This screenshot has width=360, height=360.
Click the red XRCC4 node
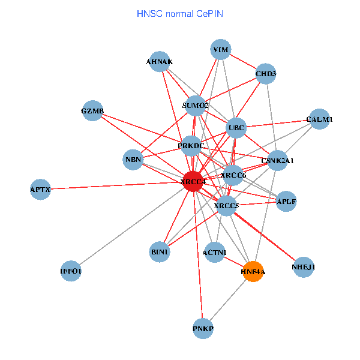click(x=193, y=181)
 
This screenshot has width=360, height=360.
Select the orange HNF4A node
click(x=253, y=271)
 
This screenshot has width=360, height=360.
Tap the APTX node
click(x=40, y=190)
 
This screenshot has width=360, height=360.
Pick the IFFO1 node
click(x=71, y=271)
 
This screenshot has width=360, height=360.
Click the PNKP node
click(x=203, y=329)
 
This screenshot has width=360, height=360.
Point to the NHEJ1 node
click(x=303, y=266)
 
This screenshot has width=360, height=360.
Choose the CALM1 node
click(x=319, y=119)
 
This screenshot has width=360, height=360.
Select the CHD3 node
click(x=266, y=74)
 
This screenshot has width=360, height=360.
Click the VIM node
click(x=221, y=50)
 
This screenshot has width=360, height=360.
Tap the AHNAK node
click(x=160, y=62)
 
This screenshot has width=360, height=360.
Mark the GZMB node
click(x=92, y=111)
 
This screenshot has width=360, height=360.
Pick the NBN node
click(x=133, y=160)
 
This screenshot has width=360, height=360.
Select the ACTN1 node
click(x=215, y=253)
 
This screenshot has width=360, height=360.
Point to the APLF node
click(x=286, y=202)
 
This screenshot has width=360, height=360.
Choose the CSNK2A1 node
click(x=277, y=161)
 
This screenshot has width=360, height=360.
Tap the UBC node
click(x=236, y=128)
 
